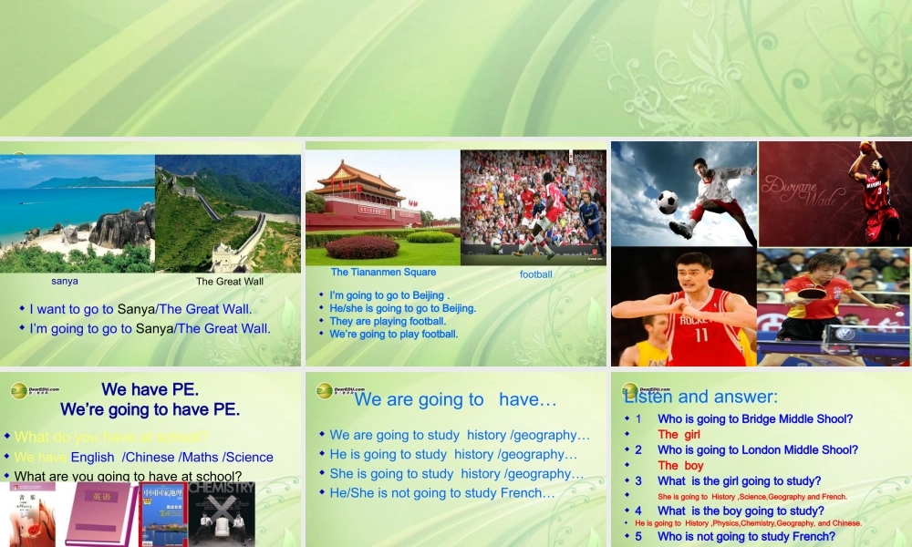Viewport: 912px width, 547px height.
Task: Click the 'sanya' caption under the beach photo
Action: click(65, 282)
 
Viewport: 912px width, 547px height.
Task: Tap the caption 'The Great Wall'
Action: click(230, 282)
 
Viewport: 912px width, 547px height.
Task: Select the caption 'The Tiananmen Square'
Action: click(383, 272)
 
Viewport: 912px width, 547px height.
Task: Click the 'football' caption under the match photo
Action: click(536, 274)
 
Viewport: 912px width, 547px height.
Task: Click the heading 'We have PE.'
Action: click(150, 390)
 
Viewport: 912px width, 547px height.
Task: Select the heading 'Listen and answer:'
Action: click(700, 397)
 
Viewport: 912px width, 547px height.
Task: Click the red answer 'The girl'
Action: click(679, 435)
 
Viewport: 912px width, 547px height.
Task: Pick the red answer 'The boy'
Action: click(681, 466)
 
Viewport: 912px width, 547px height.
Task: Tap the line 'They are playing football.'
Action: click(388, 321)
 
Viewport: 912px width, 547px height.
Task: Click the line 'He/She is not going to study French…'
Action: click(442, 493)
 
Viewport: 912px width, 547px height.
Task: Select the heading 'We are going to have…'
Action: click(455, 399)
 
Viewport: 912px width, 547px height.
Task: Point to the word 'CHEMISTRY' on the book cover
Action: click(222, 488)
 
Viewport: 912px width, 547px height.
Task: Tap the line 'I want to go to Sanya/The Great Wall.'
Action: click(140, 309)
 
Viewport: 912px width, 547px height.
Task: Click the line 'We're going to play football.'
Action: click(394, 334)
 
